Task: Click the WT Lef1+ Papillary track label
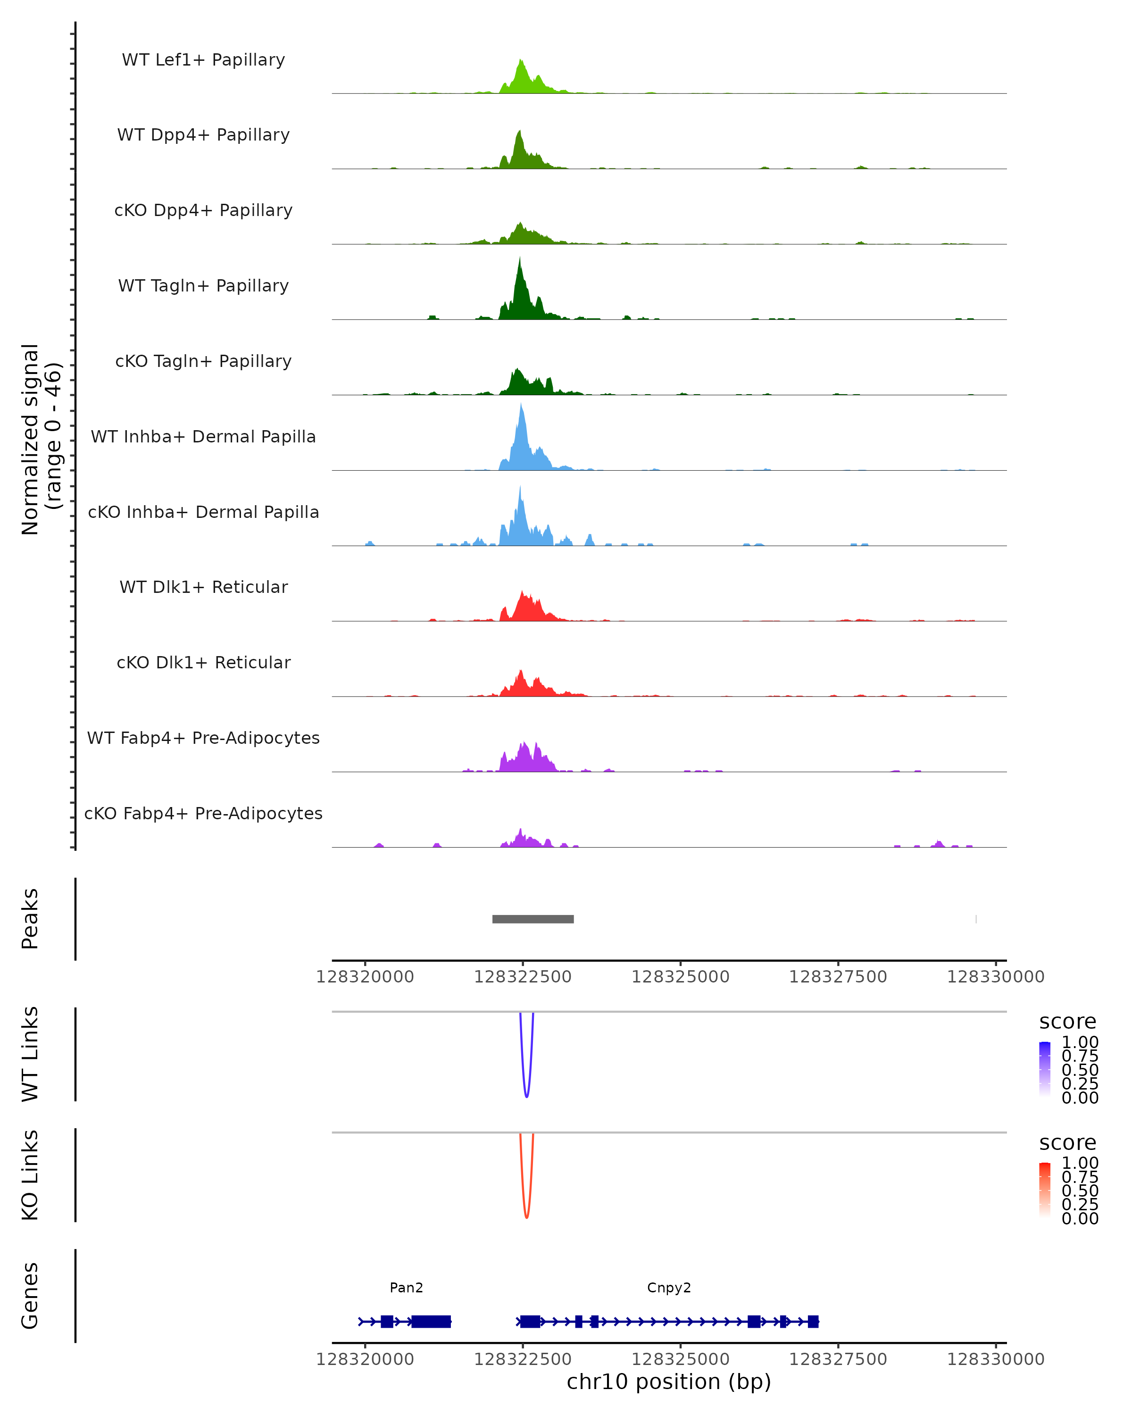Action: point(203,60)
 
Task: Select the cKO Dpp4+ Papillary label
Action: point(203,211)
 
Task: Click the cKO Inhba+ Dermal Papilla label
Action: point(203,513)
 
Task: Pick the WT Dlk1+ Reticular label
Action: point(203,587)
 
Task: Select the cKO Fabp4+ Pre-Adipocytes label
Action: point(203,814)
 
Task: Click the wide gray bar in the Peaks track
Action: point(533,919)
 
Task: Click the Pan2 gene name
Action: point(406,1288)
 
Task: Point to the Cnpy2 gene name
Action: point(669,1288)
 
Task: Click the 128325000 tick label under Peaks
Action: point(681,977)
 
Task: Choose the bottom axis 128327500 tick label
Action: point(838,1359)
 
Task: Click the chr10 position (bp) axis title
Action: point(669,1382)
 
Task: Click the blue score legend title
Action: point(1068,1022)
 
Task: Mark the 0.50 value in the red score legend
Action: point(1080,1190)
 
